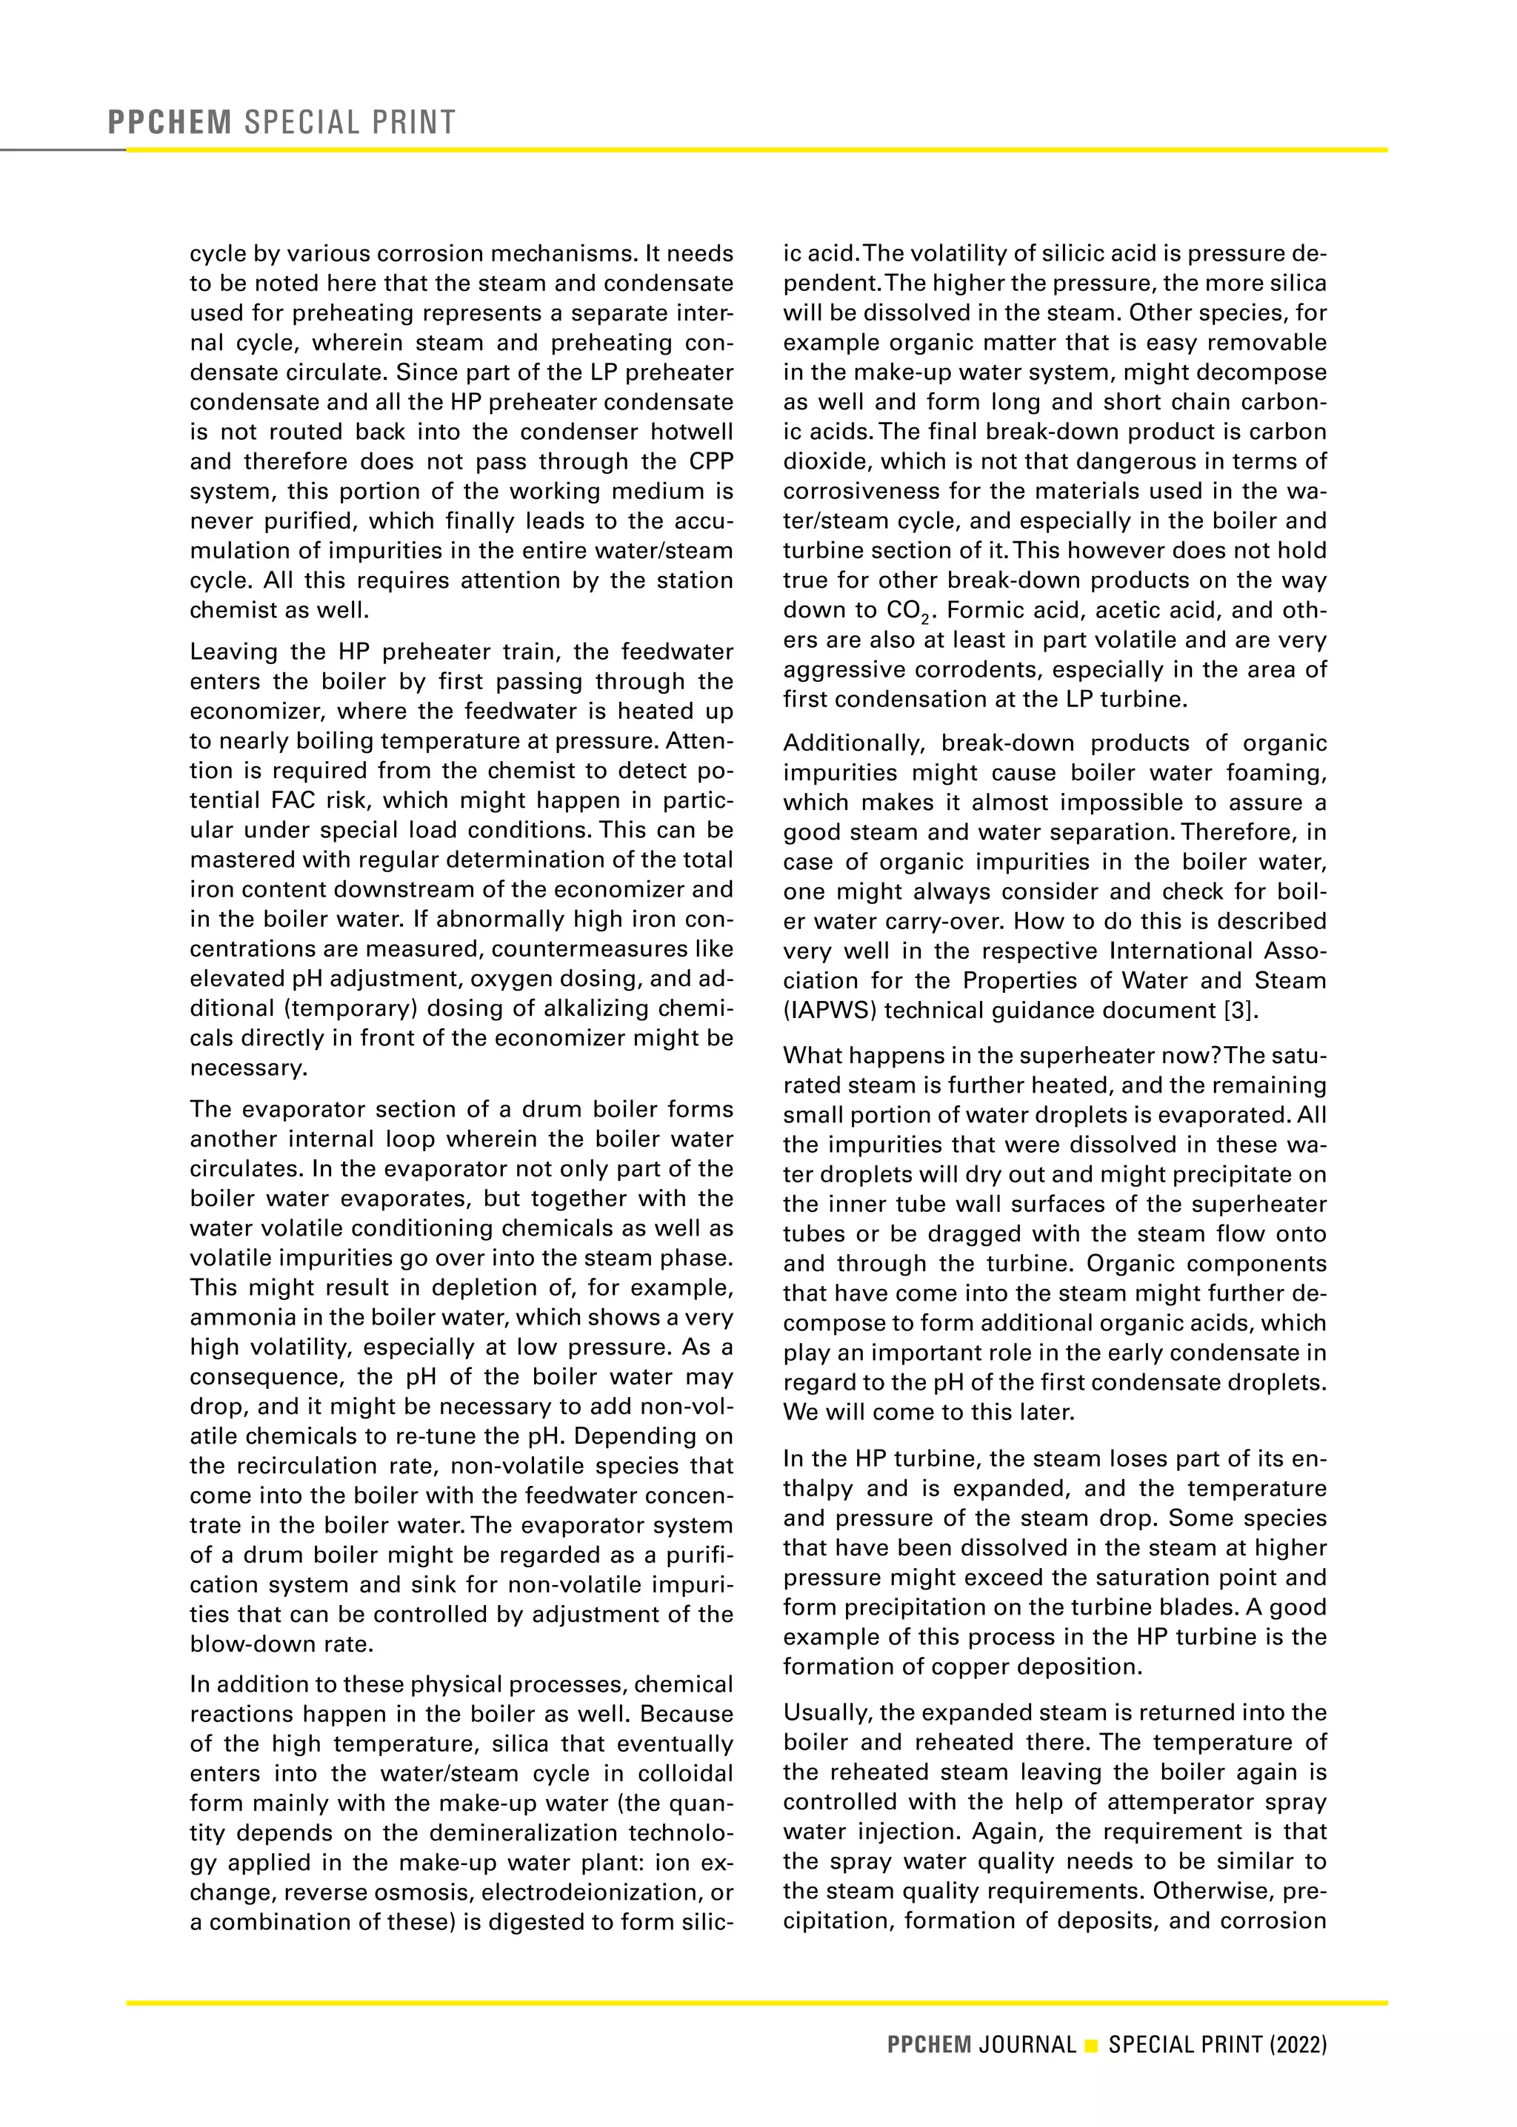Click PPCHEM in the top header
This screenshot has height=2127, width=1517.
tap(169, 122)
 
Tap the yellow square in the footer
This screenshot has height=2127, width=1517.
tap(1091, 2046)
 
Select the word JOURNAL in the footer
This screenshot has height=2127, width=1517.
tap(1027, 2045)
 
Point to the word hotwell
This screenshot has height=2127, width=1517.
tap(694, 432)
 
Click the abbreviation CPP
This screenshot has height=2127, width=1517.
tap(711, 462)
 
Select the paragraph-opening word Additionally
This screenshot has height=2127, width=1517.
tap(854, 743)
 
